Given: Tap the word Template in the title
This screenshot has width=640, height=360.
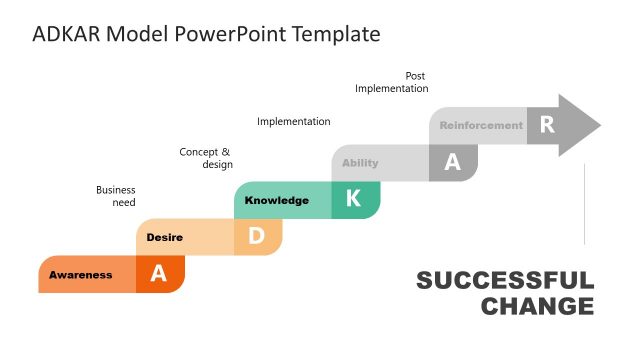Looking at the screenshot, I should point(335,34).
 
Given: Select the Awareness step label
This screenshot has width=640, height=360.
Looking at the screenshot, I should point(81,275).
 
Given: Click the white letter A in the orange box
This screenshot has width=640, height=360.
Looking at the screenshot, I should point(158,274).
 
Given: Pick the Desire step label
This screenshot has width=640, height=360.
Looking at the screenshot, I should point(164,237).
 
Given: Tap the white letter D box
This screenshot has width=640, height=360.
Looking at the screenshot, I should point(256,237).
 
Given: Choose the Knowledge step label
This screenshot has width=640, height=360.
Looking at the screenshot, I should point(277,200).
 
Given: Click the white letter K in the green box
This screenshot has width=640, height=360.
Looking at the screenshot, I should point(353,199).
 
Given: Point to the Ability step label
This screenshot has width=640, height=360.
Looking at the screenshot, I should point(360,163).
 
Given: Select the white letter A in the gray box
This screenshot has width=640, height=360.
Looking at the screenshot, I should point(452,163).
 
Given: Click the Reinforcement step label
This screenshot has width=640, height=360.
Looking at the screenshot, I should point(481,126).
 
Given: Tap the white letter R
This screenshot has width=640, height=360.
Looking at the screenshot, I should point(546,125).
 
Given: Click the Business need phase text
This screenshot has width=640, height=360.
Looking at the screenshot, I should point(116,196).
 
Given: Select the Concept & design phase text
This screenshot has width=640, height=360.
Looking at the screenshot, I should point(206,158).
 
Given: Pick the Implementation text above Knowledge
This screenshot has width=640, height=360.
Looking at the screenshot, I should point(293,122).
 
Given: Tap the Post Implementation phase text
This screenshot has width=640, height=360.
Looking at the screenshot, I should point(392,82).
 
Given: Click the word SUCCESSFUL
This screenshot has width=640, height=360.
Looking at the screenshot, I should point(504,281).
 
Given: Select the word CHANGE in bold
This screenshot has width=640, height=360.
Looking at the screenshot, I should point(537,306).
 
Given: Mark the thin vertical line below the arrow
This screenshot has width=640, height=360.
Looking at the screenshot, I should point(585,205).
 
